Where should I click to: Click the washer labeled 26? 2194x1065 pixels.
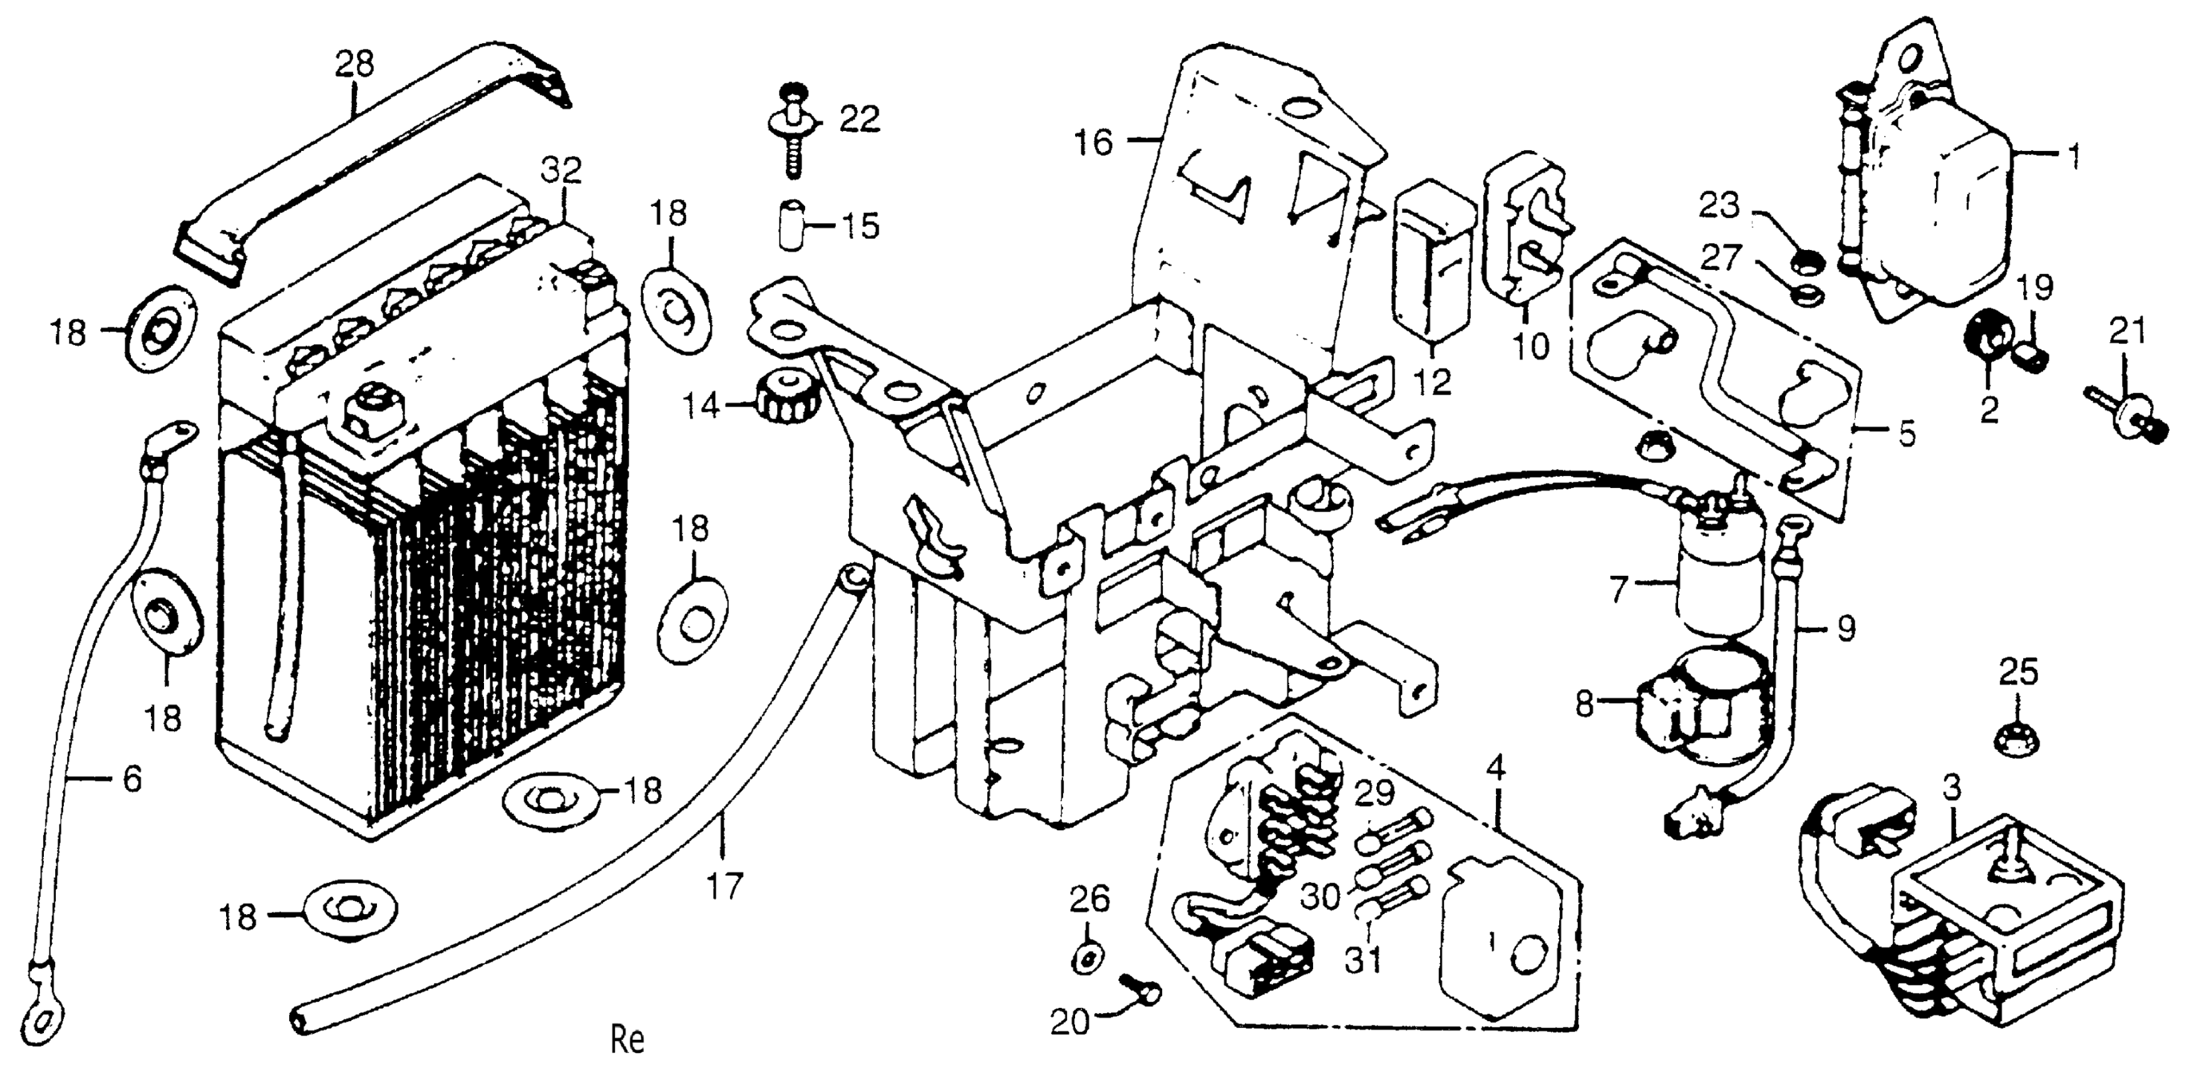(1088, 959)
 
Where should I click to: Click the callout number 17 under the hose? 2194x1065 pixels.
(724, 885)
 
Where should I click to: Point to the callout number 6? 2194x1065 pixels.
(132, 779)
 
